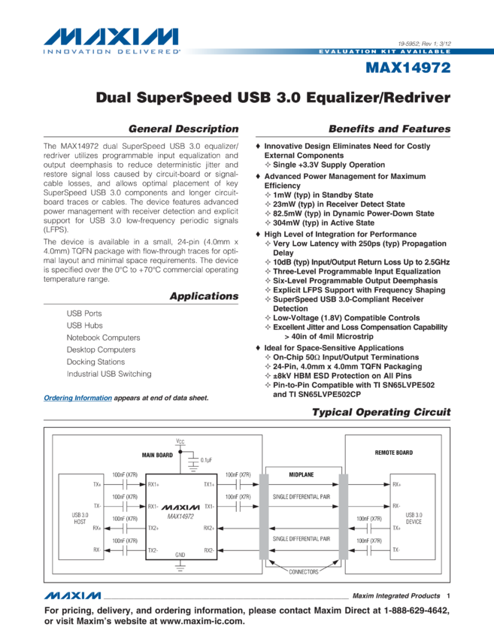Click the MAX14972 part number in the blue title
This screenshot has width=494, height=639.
point(408,68)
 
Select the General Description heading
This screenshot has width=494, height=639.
point(183,129)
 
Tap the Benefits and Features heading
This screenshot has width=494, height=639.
point(389,129)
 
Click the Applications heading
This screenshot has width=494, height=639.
point(204,296)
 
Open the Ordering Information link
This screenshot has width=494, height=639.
point(77,398)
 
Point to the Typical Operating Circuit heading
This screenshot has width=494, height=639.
point(381,412)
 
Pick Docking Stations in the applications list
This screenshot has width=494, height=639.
point(95,362)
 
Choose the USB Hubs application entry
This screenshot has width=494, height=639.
point(84,326)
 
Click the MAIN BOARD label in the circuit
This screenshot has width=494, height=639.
point(157,455)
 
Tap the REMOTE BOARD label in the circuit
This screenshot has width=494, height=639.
point(393,453)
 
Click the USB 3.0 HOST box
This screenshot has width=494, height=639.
point(80,518)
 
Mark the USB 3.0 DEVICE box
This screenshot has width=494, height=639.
point(414,518)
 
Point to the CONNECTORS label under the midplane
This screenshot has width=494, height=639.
point(304,571)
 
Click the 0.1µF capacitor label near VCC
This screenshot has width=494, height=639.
point(206,459)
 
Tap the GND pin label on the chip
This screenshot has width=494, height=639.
point(180,554)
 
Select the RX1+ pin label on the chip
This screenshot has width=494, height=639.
point(153,484)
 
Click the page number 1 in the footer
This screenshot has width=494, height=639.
point(447,595)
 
